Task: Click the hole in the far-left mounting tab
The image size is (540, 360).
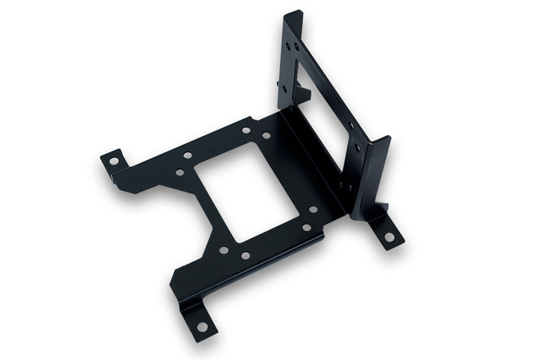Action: pyautogui.click(x=114, y=161)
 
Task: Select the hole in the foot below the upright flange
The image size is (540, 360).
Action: pyautogui.click(x=390, y=237)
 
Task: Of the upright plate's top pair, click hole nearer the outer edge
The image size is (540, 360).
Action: pyautogui.click(x=288, y=46)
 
